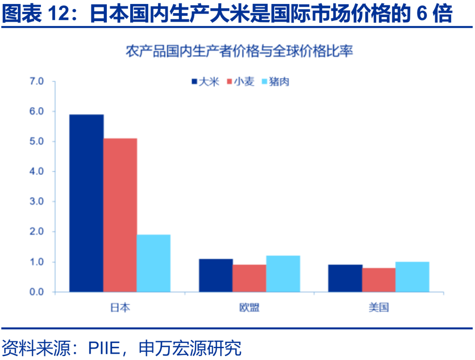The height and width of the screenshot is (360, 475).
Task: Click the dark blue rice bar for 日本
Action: click(x=86, y=203)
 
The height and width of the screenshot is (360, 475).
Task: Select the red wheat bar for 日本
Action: click(x=120, y=215)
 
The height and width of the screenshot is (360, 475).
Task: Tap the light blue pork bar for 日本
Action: click(x=153, y=263)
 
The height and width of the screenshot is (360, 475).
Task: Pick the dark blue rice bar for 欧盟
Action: click(x=216, y=275)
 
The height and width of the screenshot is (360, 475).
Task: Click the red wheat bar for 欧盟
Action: click(x=249, y=278)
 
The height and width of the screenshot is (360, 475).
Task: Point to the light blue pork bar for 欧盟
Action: click(x=283, y=273)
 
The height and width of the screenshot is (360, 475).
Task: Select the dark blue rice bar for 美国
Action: click(x=345, y=278)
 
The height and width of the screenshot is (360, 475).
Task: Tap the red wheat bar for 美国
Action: click(x=379, y=280)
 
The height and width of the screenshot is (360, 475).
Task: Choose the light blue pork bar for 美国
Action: click(x=412, y=276)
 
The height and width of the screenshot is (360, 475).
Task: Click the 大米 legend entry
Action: click(x=205, y=82)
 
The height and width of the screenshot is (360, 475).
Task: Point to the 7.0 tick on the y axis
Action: click(x=37, y=81)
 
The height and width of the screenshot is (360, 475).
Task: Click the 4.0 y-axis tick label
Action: click(x=37, y=171)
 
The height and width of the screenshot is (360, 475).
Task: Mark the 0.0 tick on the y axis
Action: click(x=37, y=292)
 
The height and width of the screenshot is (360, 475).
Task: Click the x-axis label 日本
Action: click(x=120, y=307)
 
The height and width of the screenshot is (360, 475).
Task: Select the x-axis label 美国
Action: click(x=379, y=307)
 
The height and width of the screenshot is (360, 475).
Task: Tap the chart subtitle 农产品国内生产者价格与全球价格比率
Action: click(x=239, y=52)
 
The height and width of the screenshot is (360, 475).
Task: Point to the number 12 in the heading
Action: click(x=59, y=14)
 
